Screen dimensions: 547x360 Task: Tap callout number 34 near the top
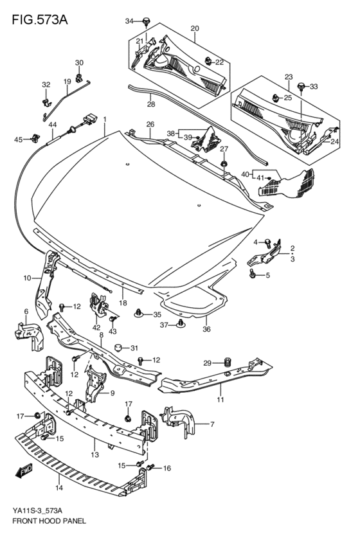pos(129,21)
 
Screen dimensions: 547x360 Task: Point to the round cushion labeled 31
pos(118,348)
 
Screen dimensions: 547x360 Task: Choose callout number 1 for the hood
pos(104,119)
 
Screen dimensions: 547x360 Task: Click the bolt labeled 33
pos(301,86)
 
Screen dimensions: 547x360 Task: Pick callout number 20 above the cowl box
pos(194,28)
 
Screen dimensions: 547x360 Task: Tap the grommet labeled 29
pos(227,361)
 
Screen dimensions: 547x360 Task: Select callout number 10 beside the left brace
pos(27,278)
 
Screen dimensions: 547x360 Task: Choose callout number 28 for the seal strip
pos(150,103)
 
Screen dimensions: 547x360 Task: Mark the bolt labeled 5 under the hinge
pos(253,275)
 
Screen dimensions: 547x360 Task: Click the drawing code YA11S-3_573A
pos(37,510)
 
